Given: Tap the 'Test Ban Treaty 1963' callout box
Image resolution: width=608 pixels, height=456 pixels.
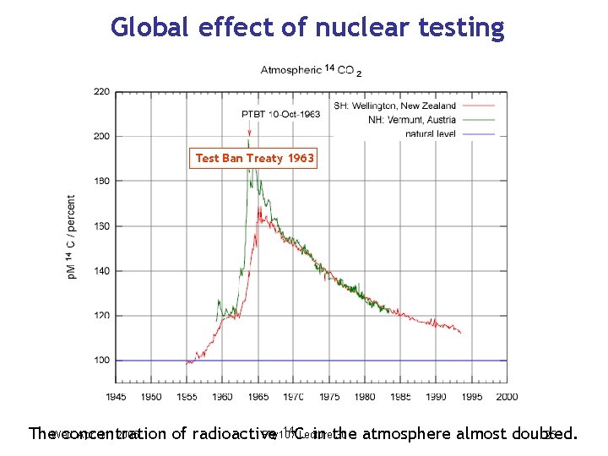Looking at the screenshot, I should pos(254,158).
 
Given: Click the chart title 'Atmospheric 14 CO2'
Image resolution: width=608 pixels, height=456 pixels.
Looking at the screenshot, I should pos(311,71).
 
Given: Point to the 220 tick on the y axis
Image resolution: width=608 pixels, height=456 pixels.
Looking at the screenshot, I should pos(100,91).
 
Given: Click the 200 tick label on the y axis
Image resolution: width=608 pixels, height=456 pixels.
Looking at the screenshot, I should pos(100,136).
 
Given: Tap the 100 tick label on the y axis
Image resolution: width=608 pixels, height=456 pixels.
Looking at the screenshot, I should pos(100,361).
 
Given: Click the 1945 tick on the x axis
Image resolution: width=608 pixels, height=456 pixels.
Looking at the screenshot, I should pos(116,396).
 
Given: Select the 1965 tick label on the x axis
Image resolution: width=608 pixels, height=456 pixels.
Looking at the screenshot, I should pos(258,396).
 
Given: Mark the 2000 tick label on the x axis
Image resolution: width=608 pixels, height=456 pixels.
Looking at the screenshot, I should pos(507,396).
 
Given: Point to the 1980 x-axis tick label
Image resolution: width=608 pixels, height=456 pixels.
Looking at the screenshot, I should pos(365,396).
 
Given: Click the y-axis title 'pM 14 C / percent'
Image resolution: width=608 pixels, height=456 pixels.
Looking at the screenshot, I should pos(72,237).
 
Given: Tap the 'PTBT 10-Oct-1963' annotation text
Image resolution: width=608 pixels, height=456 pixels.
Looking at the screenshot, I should pos(281,114).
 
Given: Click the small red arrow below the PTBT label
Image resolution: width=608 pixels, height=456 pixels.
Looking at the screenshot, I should pos(249,132).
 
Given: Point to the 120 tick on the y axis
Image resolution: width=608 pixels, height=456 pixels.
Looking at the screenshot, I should pos(100,316).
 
